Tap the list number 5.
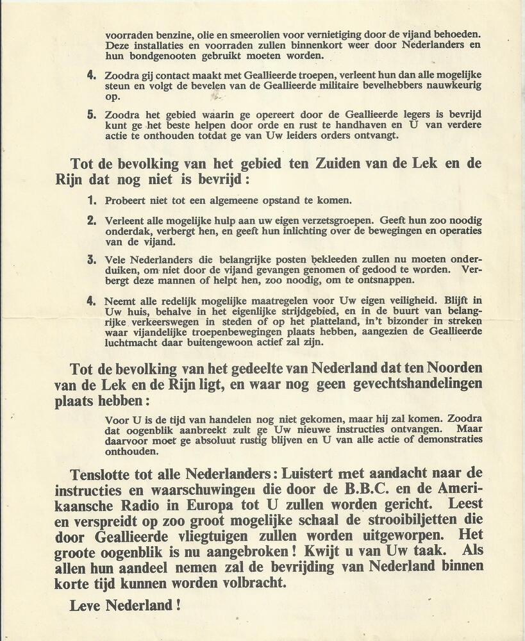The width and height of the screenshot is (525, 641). click(x=91, y=115)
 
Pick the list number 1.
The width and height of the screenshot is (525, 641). click(x=91, y=200)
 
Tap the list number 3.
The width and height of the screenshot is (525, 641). click(x=91, y=260)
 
